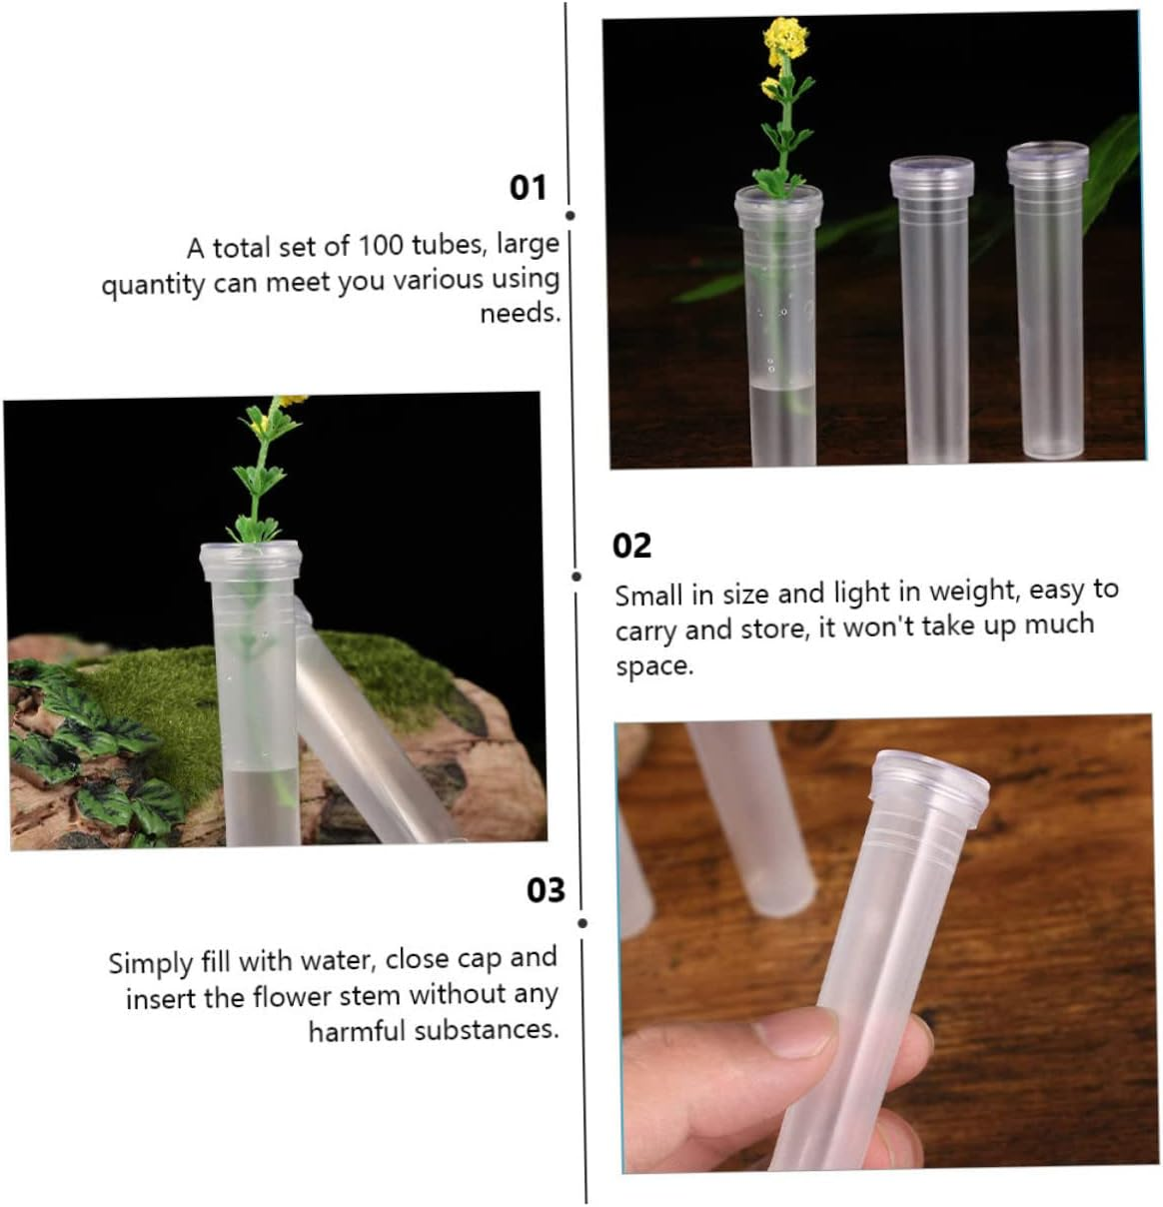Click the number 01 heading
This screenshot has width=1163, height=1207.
click(528, 188)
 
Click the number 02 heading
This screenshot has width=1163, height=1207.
click(631, 546)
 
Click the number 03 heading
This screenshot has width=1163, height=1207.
click(546, 890)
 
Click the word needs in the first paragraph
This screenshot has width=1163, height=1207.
click(520, 314)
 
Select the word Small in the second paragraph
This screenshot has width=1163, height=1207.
click(648, 597)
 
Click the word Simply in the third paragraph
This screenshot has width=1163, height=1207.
click(152, 963)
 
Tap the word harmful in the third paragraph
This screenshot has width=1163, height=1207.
click(357, 1031)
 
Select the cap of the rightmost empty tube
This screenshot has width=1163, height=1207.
click(1047, 165)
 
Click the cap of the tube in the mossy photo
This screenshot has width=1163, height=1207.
click(249, 563)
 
